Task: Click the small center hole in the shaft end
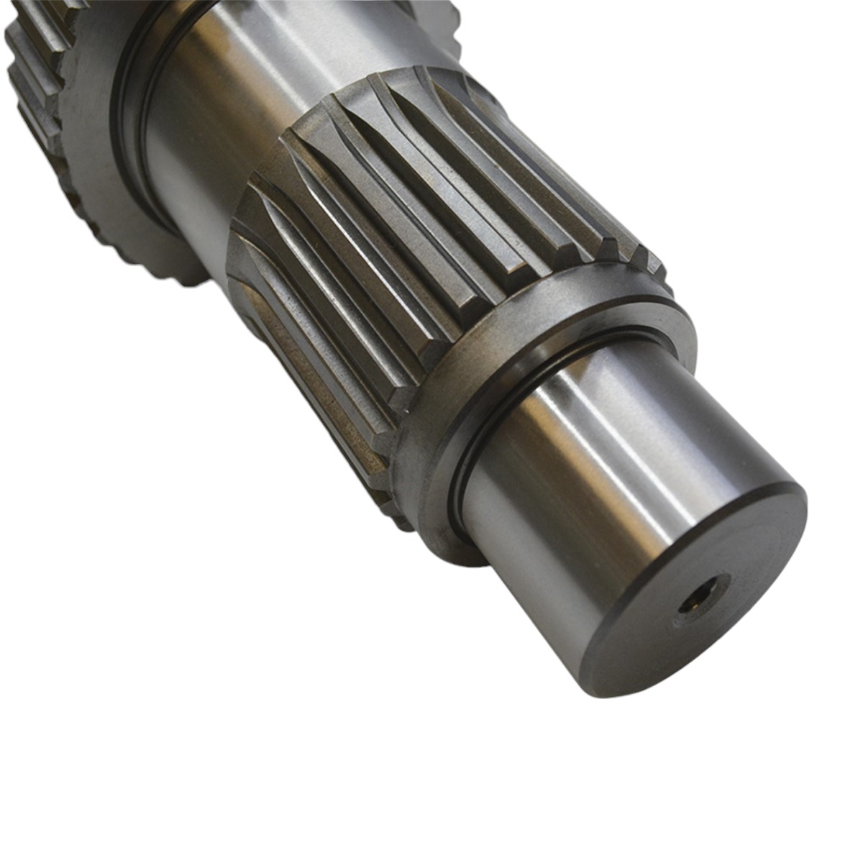coord(703,593)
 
